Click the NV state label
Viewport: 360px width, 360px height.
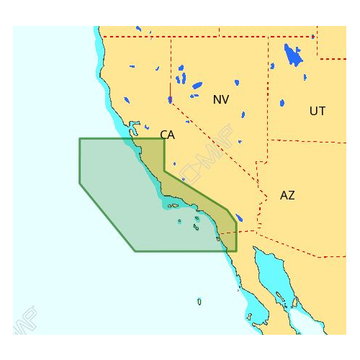[220, 99]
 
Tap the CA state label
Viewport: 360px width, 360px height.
[167, 135]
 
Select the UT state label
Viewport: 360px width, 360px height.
[317, 111]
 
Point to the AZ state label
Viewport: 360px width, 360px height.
[287, 195]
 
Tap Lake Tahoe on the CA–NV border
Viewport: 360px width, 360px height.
[170, 99]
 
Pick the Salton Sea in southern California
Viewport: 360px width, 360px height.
[238, 217]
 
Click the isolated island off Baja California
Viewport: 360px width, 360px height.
[199, 301]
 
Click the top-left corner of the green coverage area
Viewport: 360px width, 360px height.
[79, 138]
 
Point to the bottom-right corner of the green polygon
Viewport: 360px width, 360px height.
[236, 251]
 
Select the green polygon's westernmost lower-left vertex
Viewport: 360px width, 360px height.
[79, 184]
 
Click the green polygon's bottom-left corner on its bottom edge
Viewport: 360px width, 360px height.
[135, 251]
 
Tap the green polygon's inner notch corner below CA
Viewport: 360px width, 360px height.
[164, 171]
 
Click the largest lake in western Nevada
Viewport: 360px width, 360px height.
[197, 85]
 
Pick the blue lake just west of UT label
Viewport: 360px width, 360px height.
[282, 103]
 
